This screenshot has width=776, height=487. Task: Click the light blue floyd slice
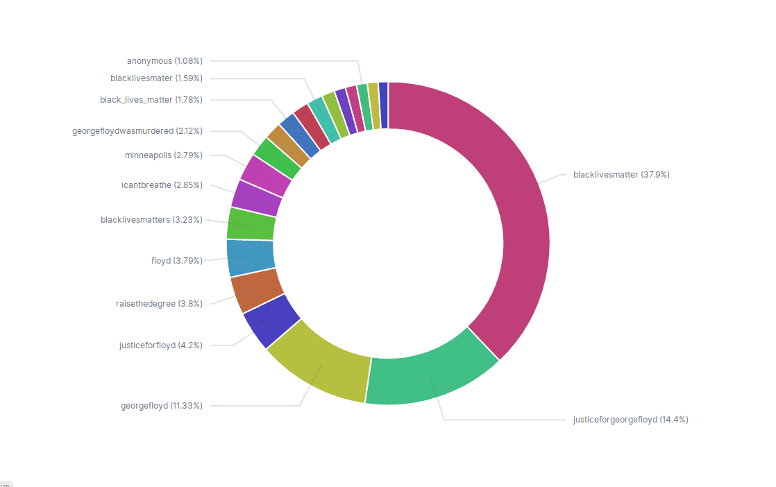click(x=251, y=257)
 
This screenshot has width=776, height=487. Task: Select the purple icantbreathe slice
click(x=256, y=198)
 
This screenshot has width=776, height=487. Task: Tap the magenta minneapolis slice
click(x=266, y=176)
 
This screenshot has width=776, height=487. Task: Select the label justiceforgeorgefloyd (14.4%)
click(x=631, y=420)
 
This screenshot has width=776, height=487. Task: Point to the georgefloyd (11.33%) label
click(x=162, y=406)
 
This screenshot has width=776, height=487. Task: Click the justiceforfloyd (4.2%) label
click(x=161, y=345)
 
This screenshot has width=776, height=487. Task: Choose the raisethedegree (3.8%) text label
click(x=159, y=304)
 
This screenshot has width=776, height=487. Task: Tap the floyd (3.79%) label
click(x=177, y=261)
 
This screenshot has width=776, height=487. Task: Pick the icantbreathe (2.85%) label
click(x=162, y=185)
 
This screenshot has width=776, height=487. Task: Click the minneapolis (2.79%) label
click(x=164, y=155)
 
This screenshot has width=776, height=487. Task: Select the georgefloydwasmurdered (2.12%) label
click(x=137, y=130)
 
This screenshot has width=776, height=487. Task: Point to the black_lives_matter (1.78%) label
click(x=151, y=100)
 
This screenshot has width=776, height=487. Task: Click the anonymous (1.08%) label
click(x=165, y=61)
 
